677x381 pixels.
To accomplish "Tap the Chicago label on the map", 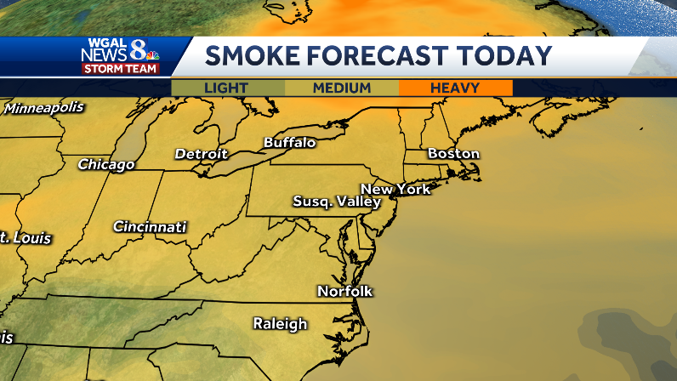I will pos(106,164).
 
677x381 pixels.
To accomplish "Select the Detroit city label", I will pos(201,154).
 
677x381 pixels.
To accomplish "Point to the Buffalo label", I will pos(289,142).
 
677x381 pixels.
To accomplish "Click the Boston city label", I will pos(453,154).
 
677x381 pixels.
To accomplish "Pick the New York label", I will pos(395,189).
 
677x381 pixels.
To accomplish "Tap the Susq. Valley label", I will pos(336,202).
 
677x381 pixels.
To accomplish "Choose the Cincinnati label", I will pos(150,227).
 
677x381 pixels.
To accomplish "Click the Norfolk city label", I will pos(344,291).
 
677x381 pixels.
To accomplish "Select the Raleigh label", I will pos(280,323).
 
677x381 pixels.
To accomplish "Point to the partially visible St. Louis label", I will pos(26,238).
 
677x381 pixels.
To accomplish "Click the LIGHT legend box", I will pos(227,88).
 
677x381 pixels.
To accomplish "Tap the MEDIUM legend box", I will pos(341,88).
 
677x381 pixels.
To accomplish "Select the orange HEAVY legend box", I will pos(455,88).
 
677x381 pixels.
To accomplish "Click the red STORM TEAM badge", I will pos(120,69).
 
